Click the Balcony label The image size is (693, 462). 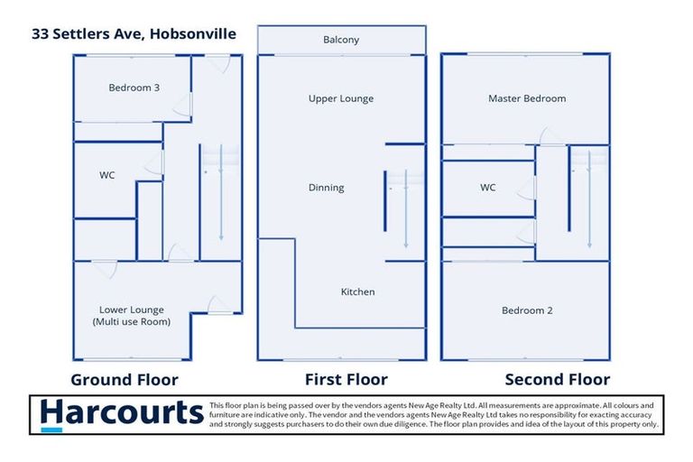341,40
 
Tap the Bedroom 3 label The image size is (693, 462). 134,88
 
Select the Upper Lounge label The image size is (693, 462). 341,98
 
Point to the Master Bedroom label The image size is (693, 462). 527,98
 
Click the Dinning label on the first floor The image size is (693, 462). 326,188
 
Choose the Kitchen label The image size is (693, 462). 357,291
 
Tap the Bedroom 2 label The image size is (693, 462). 527,310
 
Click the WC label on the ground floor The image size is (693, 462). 107,175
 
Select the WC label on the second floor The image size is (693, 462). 487,188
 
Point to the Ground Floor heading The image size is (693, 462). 125,380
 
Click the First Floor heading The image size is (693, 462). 346,379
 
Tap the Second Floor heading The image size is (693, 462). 558,379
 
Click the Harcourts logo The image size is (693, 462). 122,414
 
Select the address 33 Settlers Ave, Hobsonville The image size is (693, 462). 134,34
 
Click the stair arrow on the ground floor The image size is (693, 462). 221,192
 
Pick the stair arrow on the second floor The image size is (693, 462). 589,199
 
